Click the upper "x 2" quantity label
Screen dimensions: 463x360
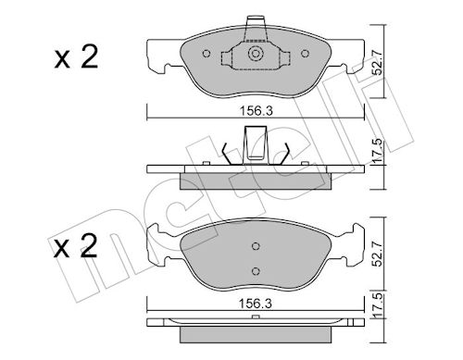coord(76,57)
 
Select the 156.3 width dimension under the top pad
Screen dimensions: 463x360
coord(257,111)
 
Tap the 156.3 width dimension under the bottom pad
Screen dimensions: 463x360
coord(256,304)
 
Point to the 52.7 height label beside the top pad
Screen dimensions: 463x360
coord(378,63)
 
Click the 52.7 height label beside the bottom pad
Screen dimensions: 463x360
coord(378,254)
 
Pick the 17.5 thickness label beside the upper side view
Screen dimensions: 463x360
coord(378,151)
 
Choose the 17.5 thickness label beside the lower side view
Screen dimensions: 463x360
coord(378,304)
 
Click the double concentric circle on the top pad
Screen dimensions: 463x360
coord(256,54)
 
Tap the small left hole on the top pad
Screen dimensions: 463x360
coord(206,54)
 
